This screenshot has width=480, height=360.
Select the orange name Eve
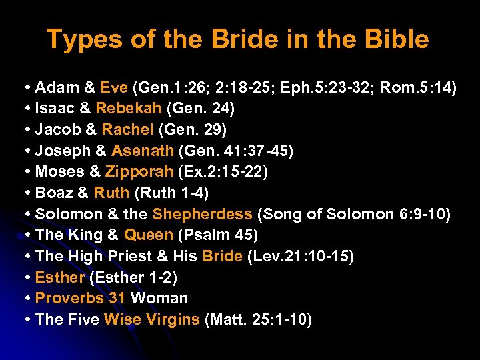115,87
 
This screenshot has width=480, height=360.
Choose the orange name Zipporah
139,172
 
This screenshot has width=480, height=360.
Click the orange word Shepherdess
202,214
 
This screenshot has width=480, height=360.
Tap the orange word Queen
149,235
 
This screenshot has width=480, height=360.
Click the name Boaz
53,193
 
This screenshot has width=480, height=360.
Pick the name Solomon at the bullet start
65,214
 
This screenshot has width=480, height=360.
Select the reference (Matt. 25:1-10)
258,319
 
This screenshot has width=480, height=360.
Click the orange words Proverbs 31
80,298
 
